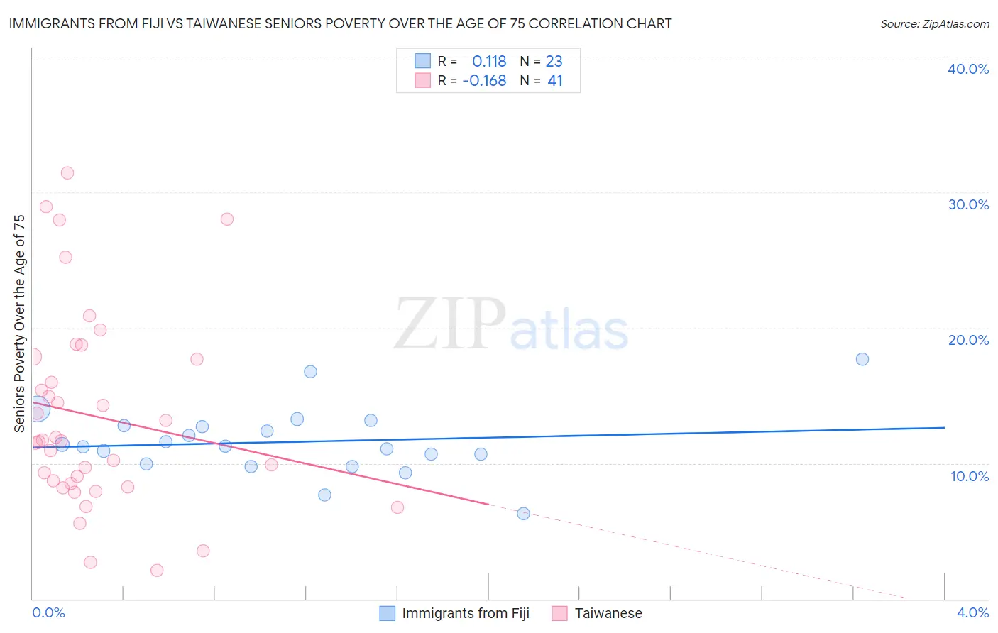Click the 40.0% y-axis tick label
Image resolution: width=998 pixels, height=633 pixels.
point(967,69)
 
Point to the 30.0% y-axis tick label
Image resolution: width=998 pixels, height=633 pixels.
point(967,204)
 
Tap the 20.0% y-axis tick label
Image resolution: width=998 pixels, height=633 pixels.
point(967,340)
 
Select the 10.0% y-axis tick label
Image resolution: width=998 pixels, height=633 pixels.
point(969,476)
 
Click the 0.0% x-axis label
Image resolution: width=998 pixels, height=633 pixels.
point(48,612)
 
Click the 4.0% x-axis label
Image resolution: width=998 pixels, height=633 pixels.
point(972,612)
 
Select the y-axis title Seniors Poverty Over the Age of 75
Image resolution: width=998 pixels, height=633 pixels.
point(19,324)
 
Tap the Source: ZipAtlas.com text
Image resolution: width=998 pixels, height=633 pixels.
point(934,23)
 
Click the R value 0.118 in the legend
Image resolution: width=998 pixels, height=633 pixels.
point(488,61)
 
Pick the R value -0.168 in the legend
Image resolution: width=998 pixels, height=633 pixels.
point(484,80)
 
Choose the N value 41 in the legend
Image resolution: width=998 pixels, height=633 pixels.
point(554,80)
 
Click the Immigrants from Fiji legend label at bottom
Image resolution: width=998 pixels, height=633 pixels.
point(465,613)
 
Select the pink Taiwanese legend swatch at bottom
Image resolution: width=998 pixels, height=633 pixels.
point(559,613)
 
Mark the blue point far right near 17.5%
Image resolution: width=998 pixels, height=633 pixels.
point(862,359)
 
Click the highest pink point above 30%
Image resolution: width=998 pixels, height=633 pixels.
point(67,173)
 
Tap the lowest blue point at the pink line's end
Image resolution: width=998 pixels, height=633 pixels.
point(523,514)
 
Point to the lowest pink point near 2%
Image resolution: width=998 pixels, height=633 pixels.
point(157,571)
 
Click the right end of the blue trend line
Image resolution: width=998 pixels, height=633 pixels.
point(944,428)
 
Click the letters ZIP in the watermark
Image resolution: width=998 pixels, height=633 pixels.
point(449,324)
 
